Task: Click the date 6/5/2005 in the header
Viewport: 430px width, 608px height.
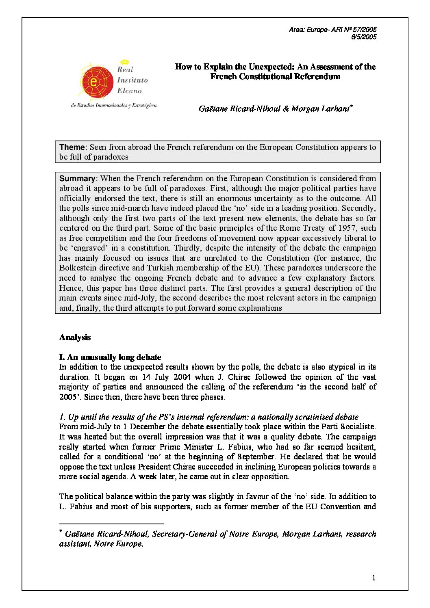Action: [x=364, y=37]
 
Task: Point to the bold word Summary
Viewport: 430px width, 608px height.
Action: [x=77, y=178]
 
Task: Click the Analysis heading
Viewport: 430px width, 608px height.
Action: [x=75, y=337]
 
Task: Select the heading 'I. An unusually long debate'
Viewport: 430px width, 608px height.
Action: [x=110, y=357]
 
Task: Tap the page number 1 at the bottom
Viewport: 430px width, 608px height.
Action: [x=374, y=578]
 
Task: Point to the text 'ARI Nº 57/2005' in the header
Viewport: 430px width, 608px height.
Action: [x=354, y=29]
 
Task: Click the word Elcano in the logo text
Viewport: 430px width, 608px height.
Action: [x=129, y=91]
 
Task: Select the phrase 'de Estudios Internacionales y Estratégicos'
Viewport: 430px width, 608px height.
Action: [x=114, y=106]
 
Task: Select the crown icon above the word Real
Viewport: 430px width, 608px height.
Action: [x=125, y=62]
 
